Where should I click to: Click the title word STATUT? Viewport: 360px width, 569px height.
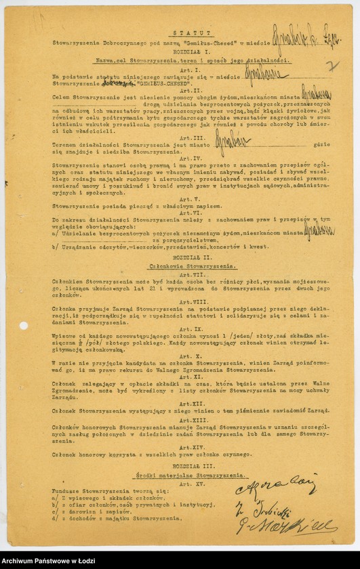[180, 33]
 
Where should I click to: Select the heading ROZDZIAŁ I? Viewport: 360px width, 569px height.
[180, 51]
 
